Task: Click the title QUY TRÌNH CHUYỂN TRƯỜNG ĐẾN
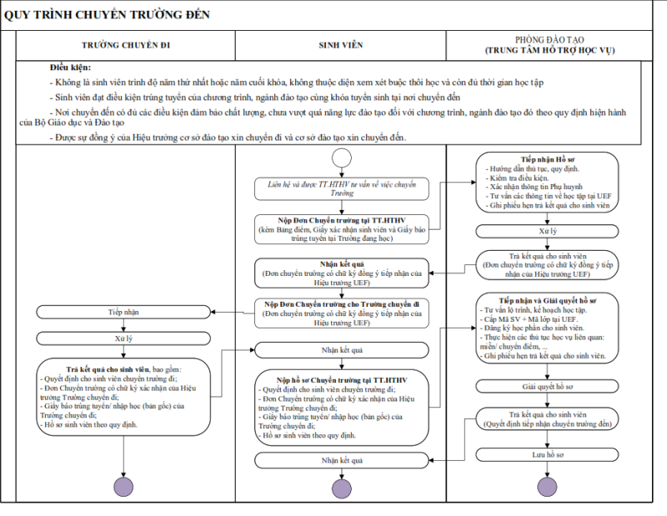pyautogui.click(x=108, y=15)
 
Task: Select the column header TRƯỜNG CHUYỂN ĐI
pyautogui.click(x=126, y=45)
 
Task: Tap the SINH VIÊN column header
pyautogui.click(x=341, y=45)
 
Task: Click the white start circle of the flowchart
pyautogui.click(x=341, y=158)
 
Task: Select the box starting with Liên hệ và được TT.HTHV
pyautogui.click(x=342, y=188)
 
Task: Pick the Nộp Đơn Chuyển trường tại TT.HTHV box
pyautogui.click(x=342, y=228)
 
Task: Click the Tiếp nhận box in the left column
pyautogui.click(x=123, y=312)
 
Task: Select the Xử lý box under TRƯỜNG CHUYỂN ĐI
pyautogui.click(x=123, y=338)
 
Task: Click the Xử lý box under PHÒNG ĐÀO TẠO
pyautogui.click(x=548, y=230)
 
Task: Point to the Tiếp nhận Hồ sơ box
pyautogui.click(x=548, y=182)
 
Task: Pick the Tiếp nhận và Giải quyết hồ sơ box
pyautogui.click(x=548, y=327)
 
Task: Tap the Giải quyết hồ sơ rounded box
pyautogui.click(x=548, y=387)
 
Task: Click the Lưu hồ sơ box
pyautogui.click(x=548, y=454)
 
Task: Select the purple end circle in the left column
pyautogui.click(x=123, y=487)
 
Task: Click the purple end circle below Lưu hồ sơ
pyautogui.click(x=548, y=487)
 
